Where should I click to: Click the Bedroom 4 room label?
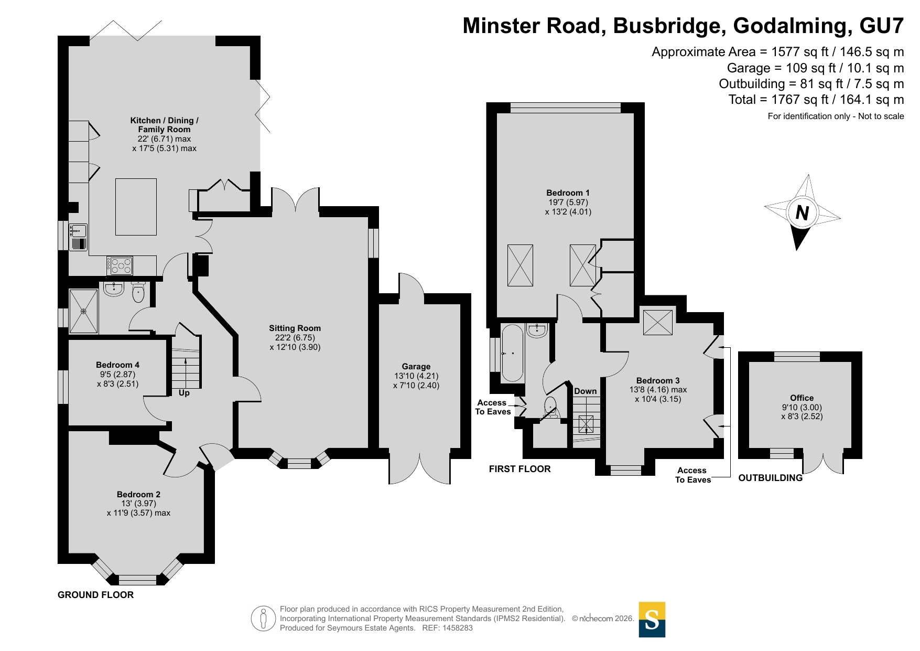[x=117, y=365]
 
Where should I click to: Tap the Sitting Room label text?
[x=295, y=328]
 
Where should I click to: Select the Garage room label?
[x=416, y=367]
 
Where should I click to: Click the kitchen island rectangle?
[x=136, y=207]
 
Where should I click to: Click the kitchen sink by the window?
[x=78, y=230]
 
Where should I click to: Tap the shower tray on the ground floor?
[x=84, y=311]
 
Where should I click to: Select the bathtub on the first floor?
[x=512, y=353]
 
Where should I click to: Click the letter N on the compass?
[x=802, y=213]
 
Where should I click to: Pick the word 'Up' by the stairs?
[x=184, y=393]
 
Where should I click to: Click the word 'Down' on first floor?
[x=586, y=391]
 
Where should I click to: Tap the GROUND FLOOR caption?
[x=95, y=595]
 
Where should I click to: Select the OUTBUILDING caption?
[x=771, y=478]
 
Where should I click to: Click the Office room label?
[x=802, y=398]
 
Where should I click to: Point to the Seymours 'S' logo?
[x=652, y=620]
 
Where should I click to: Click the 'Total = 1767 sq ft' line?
[x=816, y=100]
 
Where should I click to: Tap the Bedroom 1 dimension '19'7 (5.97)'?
[x=568, y=202]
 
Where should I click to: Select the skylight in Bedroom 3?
[x=658, y=322]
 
